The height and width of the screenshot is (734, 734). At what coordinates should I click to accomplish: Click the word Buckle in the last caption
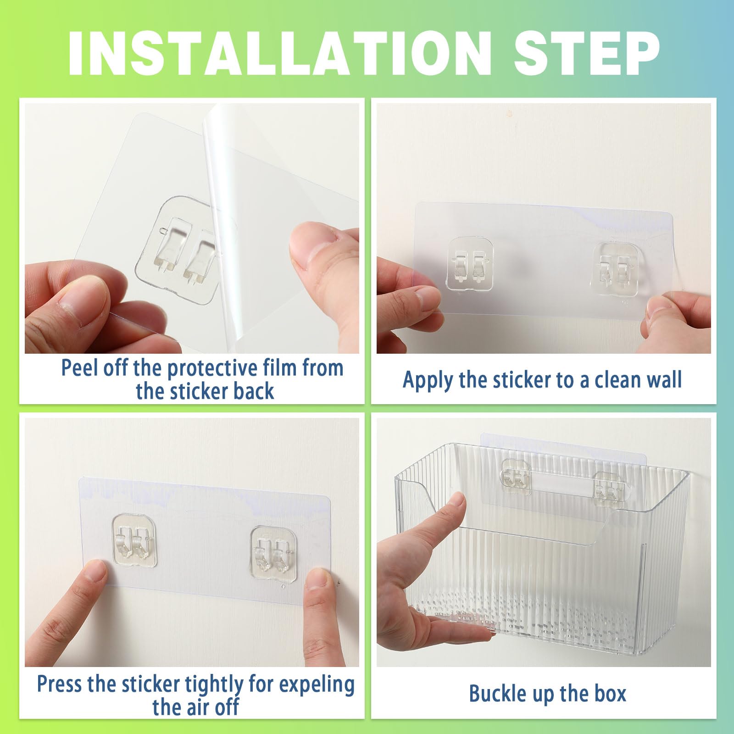(x=497, y=693)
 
